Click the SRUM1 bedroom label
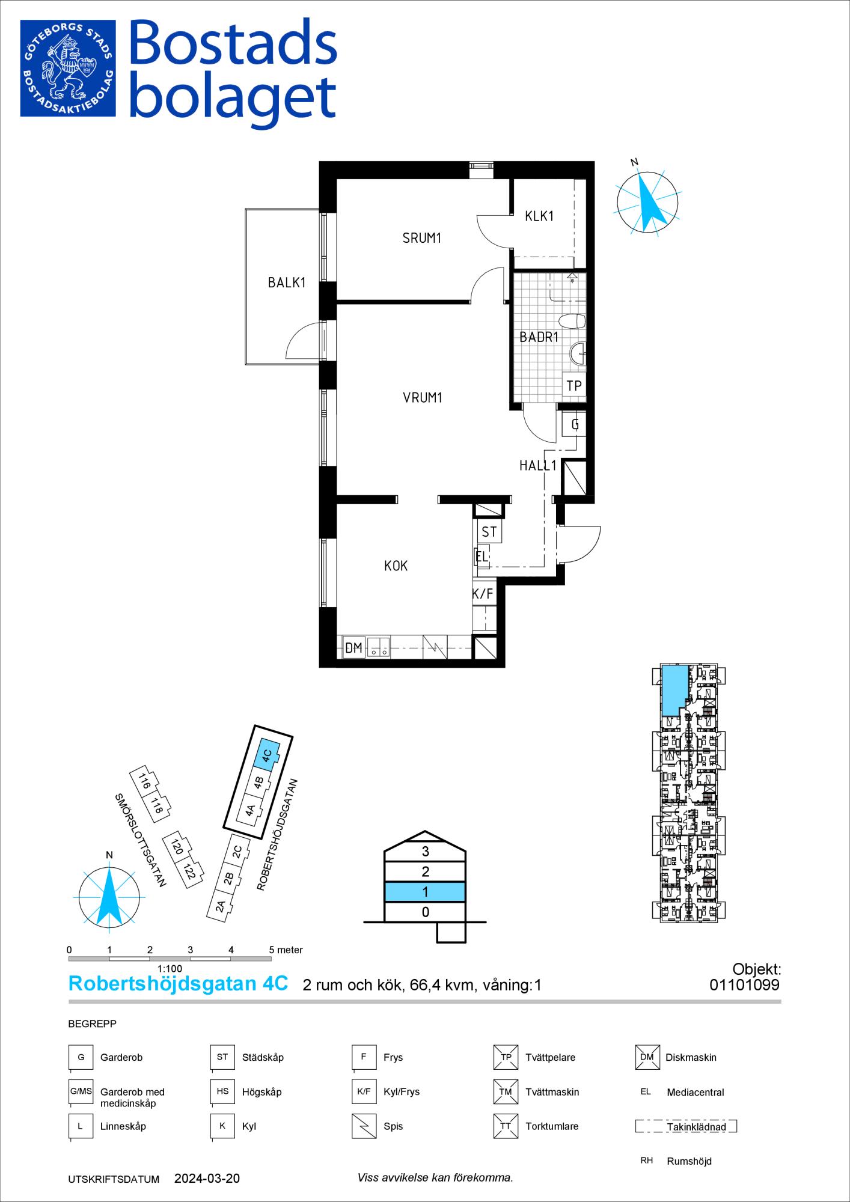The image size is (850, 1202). [x=422, y=239]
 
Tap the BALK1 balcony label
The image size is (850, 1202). [x=287, y=282]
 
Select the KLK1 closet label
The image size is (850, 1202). [x=539, y=216]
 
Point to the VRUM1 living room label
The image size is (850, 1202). [x=423, y=397]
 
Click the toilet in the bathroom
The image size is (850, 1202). [x=571, y=321]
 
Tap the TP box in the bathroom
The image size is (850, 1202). [x=574, y=385]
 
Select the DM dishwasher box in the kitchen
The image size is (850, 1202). [x=353, y=648]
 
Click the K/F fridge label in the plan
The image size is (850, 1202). [x=483, y=594]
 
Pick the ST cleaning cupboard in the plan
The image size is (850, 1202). [x=489, y=532]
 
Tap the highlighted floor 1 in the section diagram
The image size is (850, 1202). [x=425, y=892]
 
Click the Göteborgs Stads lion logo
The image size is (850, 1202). [x=68, y=69]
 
